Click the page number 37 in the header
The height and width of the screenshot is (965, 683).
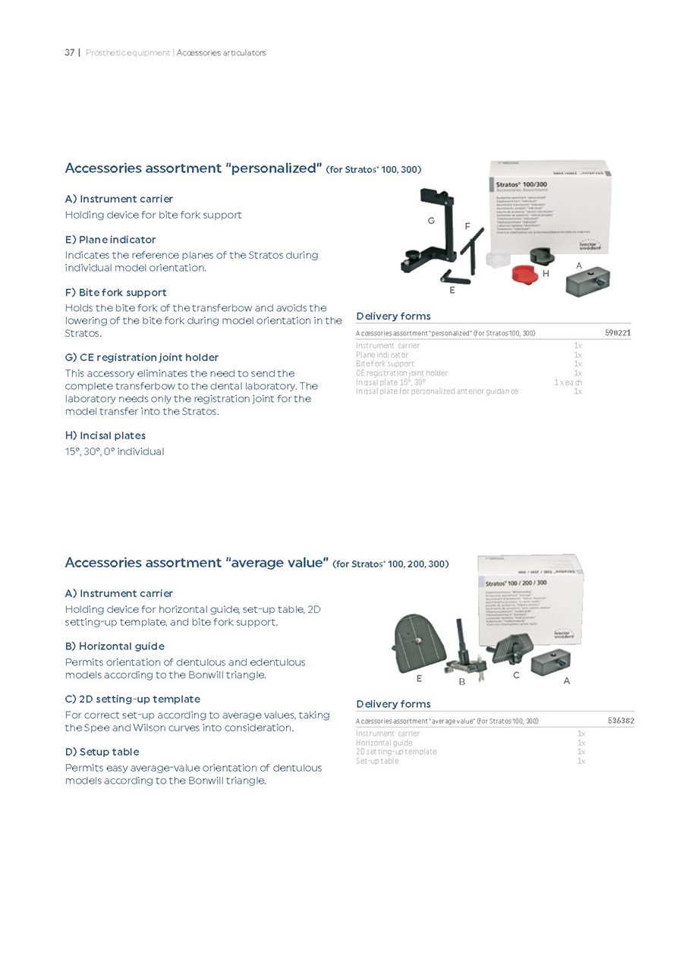[x=69, y=52]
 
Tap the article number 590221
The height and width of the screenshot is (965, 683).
[x=618, y=333]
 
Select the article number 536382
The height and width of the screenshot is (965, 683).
[x=620, y=721]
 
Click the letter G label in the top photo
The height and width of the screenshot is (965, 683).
[x=431, y=220]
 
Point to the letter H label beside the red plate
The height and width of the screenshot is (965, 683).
[x=545, y=274]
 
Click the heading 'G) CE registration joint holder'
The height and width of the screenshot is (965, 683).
[x=142, y=357]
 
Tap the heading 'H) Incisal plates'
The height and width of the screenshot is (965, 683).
[x=105, y=435]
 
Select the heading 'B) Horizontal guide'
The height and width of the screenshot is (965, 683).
[x=115, y=646]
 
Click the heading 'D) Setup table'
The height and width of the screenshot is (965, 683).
[x=102, y=752]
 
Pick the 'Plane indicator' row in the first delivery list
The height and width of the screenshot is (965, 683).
[x=382, y=354]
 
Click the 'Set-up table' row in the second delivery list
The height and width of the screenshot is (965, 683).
[x=377, y=761]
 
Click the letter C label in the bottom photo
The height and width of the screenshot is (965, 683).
[x=516, y=674]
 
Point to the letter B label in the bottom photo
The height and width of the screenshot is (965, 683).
[x=461, y=681]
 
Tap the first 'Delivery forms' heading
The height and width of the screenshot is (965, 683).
[x=393, y=316]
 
